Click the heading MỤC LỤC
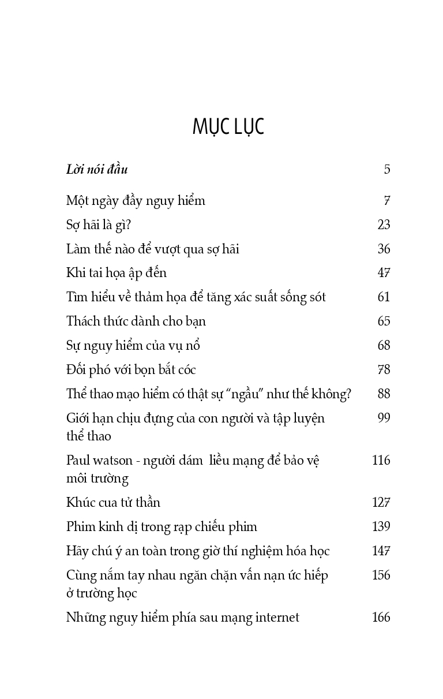click(x=228, y=127)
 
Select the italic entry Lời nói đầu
click(x=97, y=170)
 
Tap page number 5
click(x=387, y=170)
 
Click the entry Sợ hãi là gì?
click(x=99, y=225)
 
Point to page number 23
click(x=384, y=225)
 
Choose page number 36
click(x=384, y=249)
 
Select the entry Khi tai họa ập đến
click(x=117, y=273)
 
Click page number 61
click(x=384, y=297)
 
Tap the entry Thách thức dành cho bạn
click(x=136, y=322)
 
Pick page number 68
click(x=384, y=346)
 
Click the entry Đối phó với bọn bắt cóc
click(x=132, y=370)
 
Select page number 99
click(x=384, y=418)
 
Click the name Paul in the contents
click(x=78, y=461)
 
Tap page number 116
click(x=381, y=461)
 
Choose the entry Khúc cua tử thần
click(x=113, y=502)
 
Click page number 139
click(x=381, y=526)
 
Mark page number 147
click(x=381, y=551)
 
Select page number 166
click(x=381, y=618)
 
